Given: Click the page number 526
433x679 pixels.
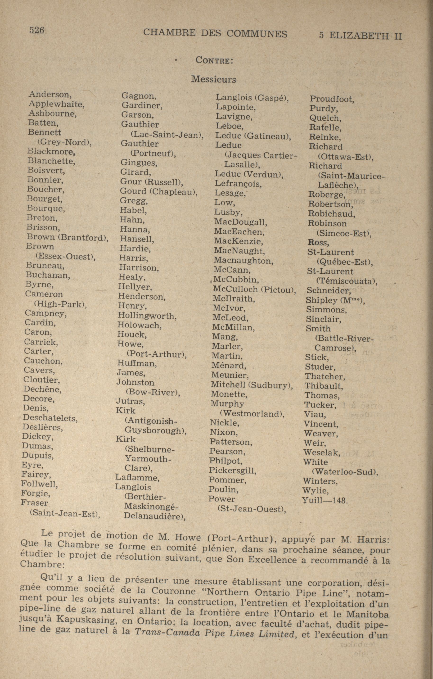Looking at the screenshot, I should tap(37, 30).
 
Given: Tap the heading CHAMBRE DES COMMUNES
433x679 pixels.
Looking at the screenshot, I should tap(215, 34).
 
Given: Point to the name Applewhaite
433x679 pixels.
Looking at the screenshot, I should tap(56, 104).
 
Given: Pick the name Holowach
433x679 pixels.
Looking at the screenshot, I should tap(140, 325).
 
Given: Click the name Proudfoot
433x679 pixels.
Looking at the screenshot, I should tap(332, 99).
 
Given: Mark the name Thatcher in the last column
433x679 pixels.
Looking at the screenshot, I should tap(325, 376).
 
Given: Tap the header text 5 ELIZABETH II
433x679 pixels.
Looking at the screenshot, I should tap(360, 36).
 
